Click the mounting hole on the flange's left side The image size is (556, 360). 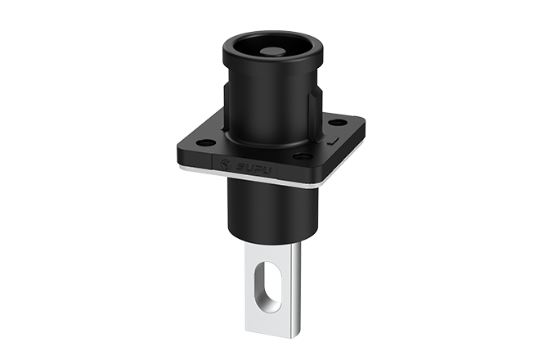206,142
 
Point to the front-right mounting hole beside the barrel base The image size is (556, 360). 303,155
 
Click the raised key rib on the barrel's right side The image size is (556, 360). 313,106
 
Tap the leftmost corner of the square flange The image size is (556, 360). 178,146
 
